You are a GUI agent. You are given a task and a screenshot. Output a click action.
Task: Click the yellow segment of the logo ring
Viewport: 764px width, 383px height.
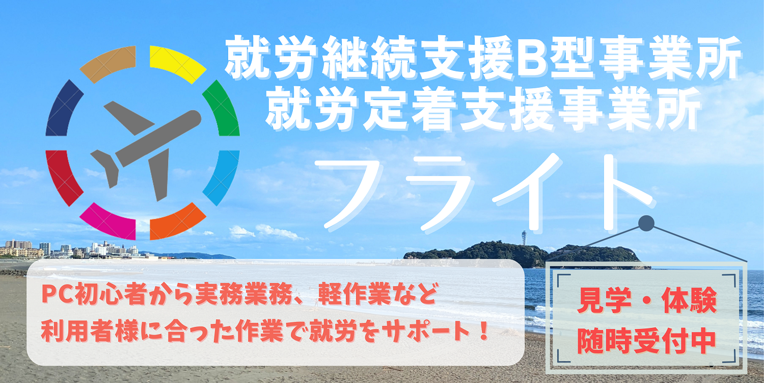coord(177,63)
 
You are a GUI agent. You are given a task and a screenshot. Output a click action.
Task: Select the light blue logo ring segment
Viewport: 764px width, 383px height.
coord(222,176)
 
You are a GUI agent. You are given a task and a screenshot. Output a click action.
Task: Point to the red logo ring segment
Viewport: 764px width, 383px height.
coord(63,176)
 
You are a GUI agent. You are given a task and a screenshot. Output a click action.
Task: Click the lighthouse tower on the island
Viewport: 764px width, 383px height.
coord(524,239)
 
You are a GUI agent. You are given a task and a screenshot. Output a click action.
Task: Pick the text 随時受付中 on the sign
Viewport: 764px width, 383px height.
coord(647,341)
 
